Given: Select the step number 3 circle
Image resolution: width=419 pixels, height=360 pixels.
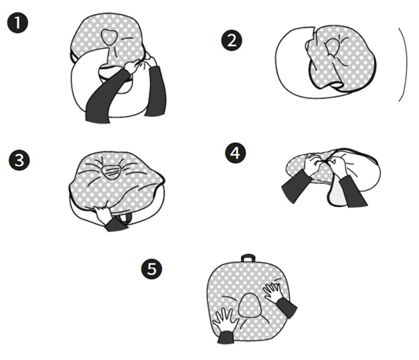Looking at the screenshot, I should coord(22,159).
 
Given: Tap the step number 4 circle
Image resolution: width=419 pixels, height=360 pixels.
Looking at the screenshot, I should coord(235,151).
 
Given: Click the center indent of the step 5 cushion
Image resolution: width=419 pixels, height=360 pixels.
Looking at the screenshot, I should coord(248,305).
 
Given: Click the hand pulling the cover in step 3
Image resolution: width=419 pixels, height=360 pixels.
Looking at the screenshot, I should coord(105,217).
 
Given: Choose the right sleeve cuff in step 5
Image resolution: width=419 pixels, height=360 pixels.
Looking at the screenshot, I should coord(286,308).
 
